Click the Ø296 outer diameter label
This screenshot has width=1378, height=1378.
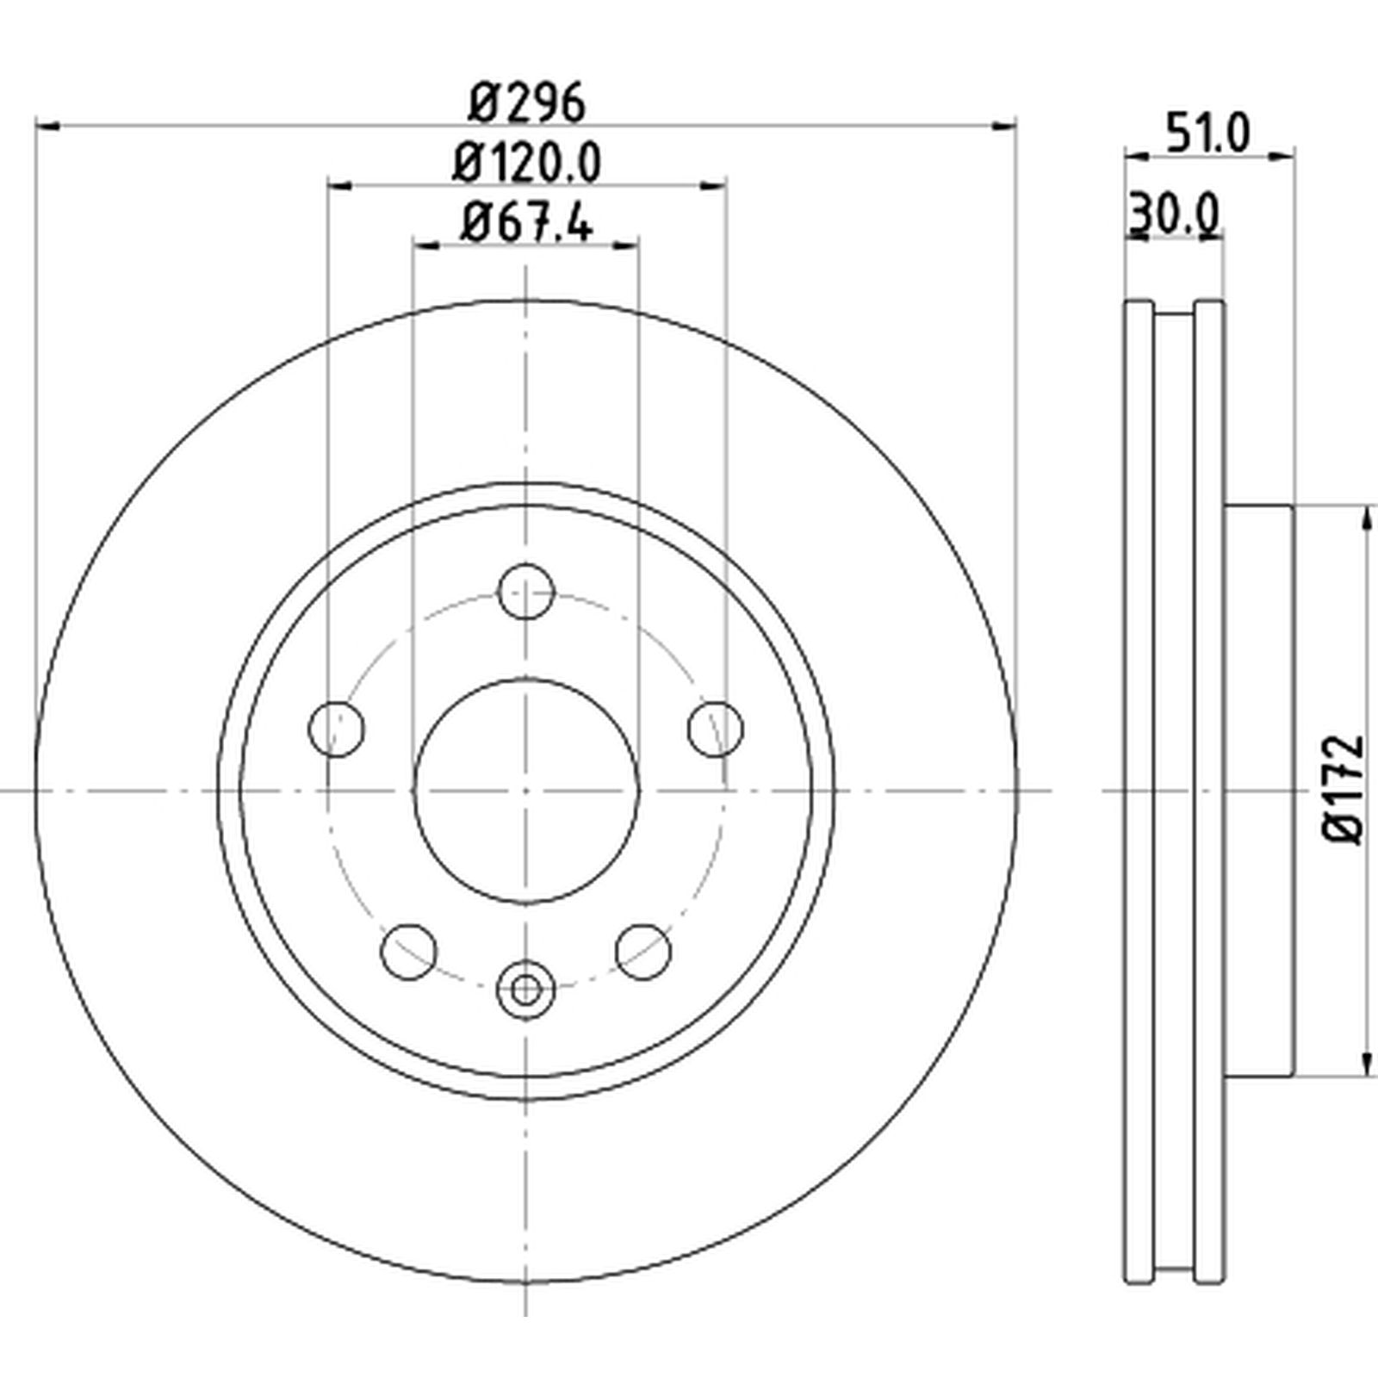tap(527, 102)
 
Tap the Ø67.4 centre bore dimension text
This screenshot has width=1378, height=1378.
tap(526, 222)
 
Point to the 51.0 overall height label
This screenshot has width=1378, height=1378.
tap(1206, 133)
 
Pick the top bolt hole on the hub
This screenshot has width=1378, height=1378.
tap(526, 591)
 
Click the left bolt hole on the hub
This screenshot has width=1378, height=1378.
tap(336, 729)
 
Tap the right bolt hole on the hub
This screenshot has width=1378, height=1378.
tap(716, 729)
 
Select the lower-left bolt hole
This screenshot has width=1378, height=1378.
tap(408, 952)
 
